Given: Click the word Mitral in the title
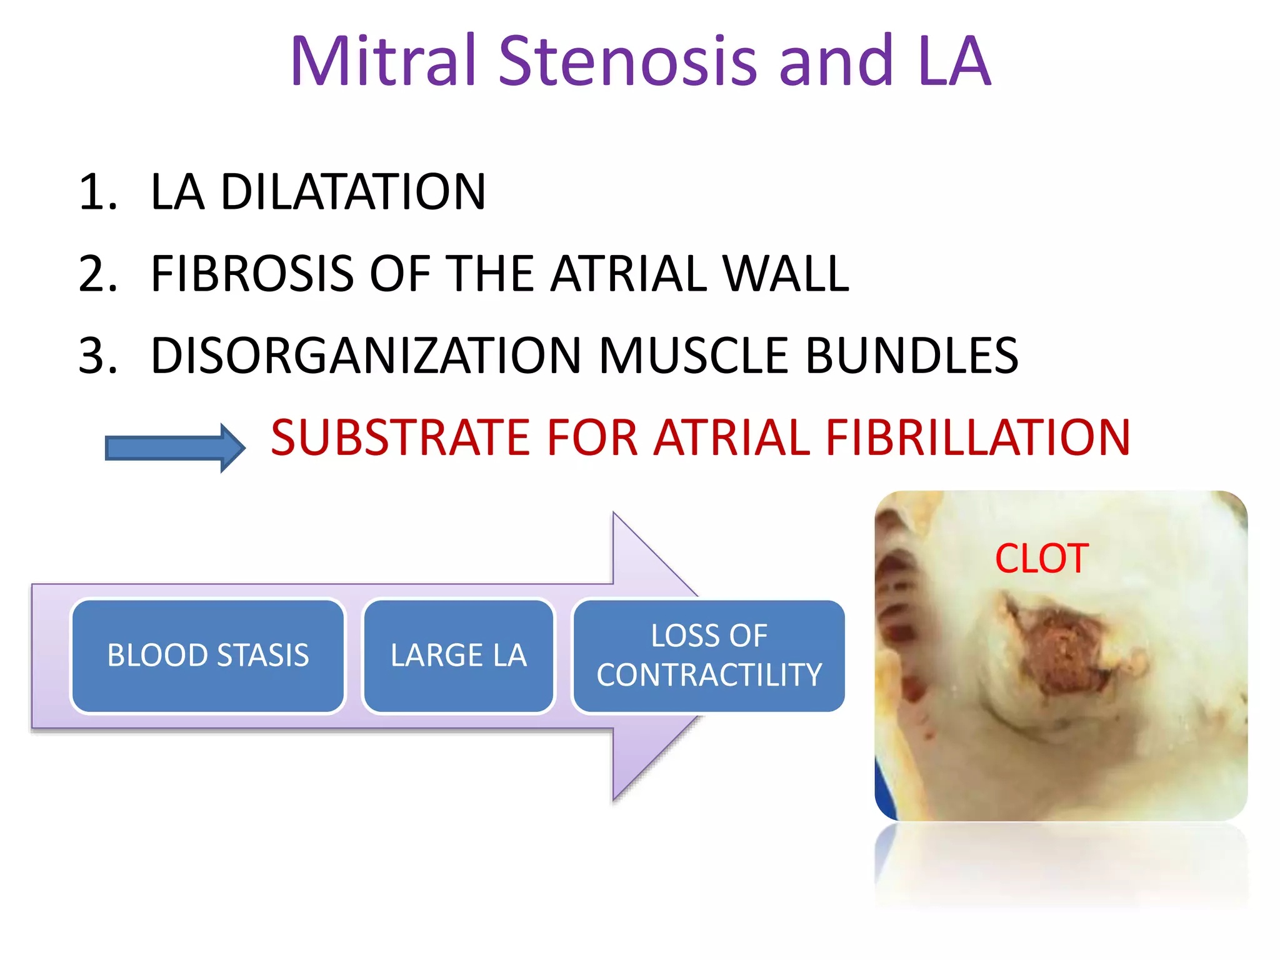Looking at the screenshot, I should point(383,61).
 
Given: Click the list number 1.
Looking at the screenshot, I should point(97,192).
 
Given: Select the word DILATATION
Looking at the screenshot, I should point(353,192).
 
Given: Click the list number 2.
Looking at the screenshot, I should point(97,274).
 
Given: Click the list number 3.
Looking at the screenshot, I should point(97,356).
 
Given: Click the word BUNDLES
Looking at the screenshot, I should point(912,356).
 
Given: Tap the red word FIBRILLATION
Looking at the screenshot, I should point(978,437).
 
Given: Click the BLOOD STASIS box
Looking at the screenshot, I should point(208,656).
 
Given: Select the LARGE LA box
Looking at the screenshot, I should point(459,656).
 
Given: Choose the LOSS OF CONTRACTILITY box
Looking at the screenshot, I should point(709,656).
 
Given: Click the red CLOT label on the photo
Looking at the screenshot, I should point(1042,558).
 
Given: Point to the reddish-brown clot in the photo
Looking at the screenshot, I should point(1066,650).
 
